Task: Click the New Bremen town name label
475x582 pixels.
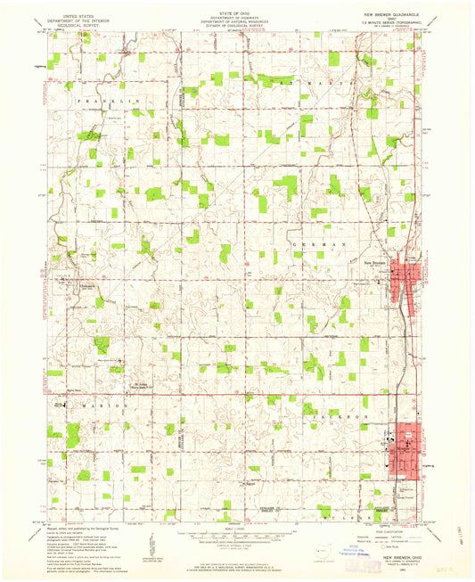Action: [x=372, y=262]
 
